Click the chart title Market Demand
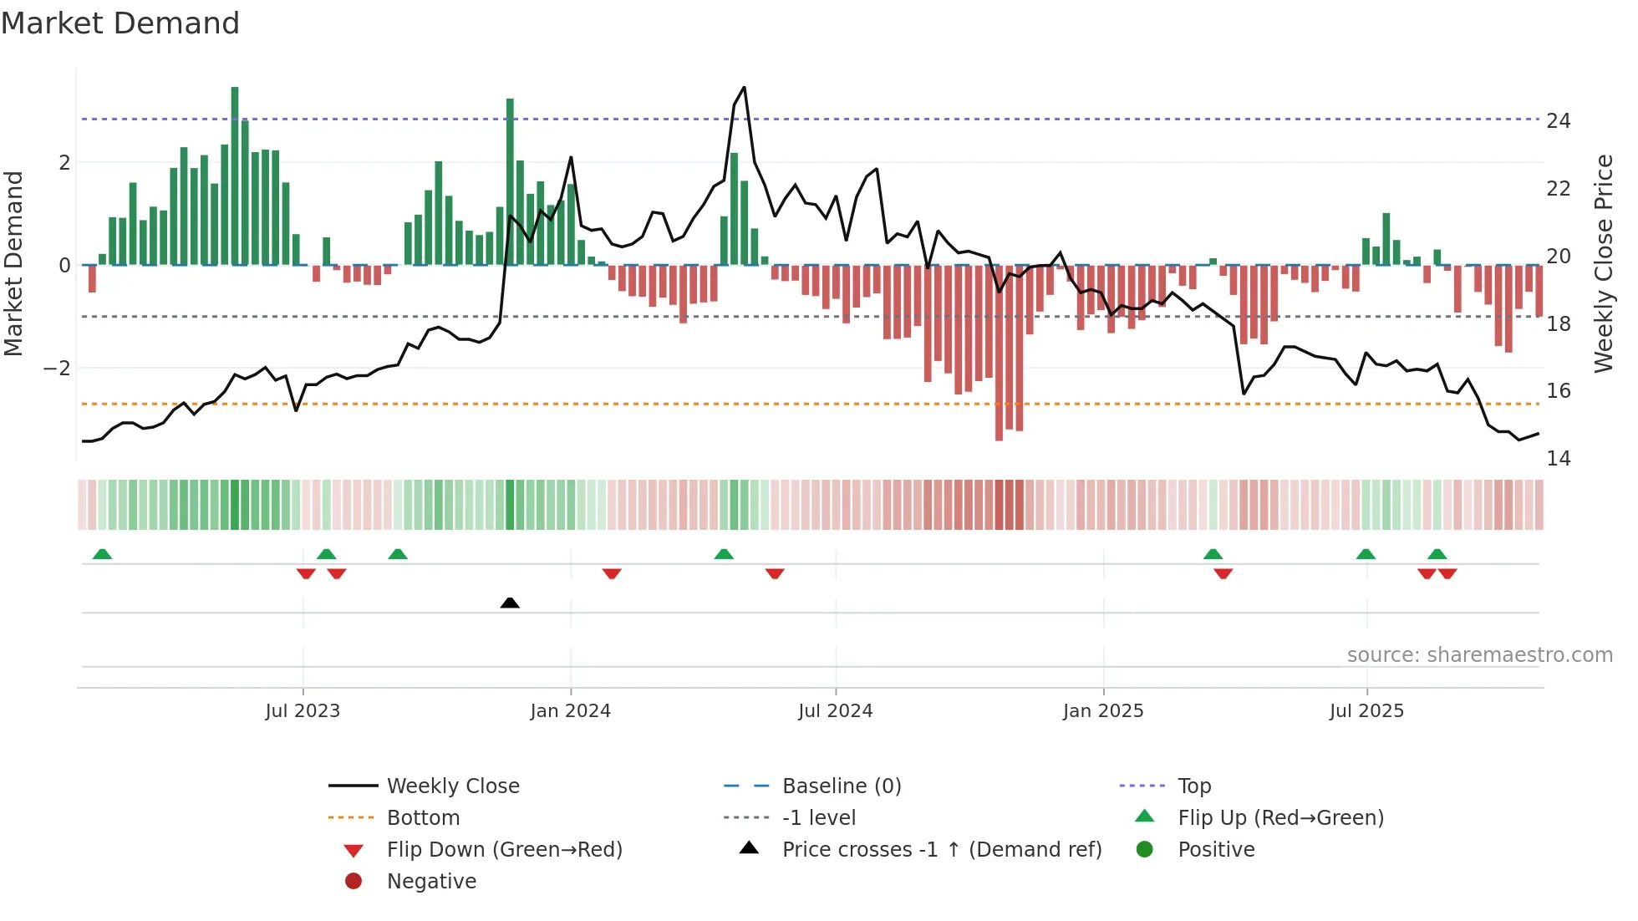[x=120, y=23]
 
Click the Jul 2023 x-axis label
[x=303, y=711]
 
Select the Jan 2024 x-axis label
[x=570, y=711]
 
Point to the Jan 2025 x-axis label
[x=1103, y=711]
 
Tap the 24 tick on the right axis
[x=1559, y=121]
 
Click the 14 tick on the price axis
[x=1559, y=459]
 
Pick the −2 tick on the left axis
[x=57, y=369]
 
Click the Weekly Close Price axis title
[x=1604, y=263]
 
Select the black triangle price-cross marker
[x=510, y=603]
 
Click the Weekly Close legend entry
[x=452, y=786]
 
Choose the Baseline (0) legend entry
[x=841, y=786]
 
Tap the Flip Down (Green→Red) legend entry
[x=504, y=850]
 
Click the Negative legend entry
[x=431, y=882]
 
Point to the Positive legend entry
[x=1216, y=850]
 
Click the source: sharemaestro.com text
[x=1479, y=655]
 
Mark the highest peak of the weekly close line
[x=744, y=88]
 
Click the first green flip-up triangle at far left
[x=102, y=554]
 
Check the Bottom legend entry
[x=423, y=818]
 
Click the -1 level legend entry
[x=818, y=818]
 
